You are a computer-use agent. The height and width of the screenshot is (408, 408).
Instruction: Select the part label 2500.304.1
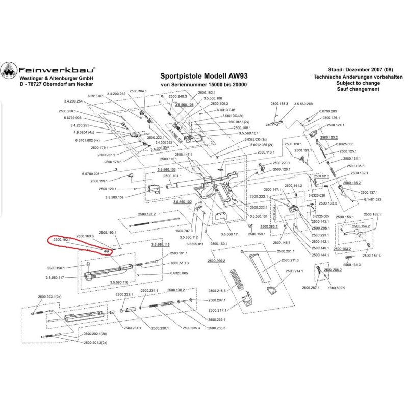point(136,91)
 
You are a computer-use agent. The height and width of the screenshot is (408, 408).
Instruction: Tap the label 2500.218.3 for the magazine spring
point(220,291)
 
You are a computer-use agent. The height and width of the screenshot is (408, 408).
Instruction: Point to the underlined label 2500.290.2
point(217,261)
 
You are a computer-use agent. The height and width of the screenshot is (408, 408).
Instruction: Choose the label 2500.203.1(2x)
point(49,296)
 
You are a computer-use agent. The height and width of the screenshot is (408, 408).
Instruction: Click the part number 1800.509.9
point(336,288)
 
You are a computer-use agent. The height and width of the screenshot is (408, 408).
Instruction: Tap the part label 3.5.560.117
point(55,277)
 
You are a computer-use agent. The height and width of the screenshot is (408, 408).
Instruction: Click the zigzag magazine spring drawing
point(236,279)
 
